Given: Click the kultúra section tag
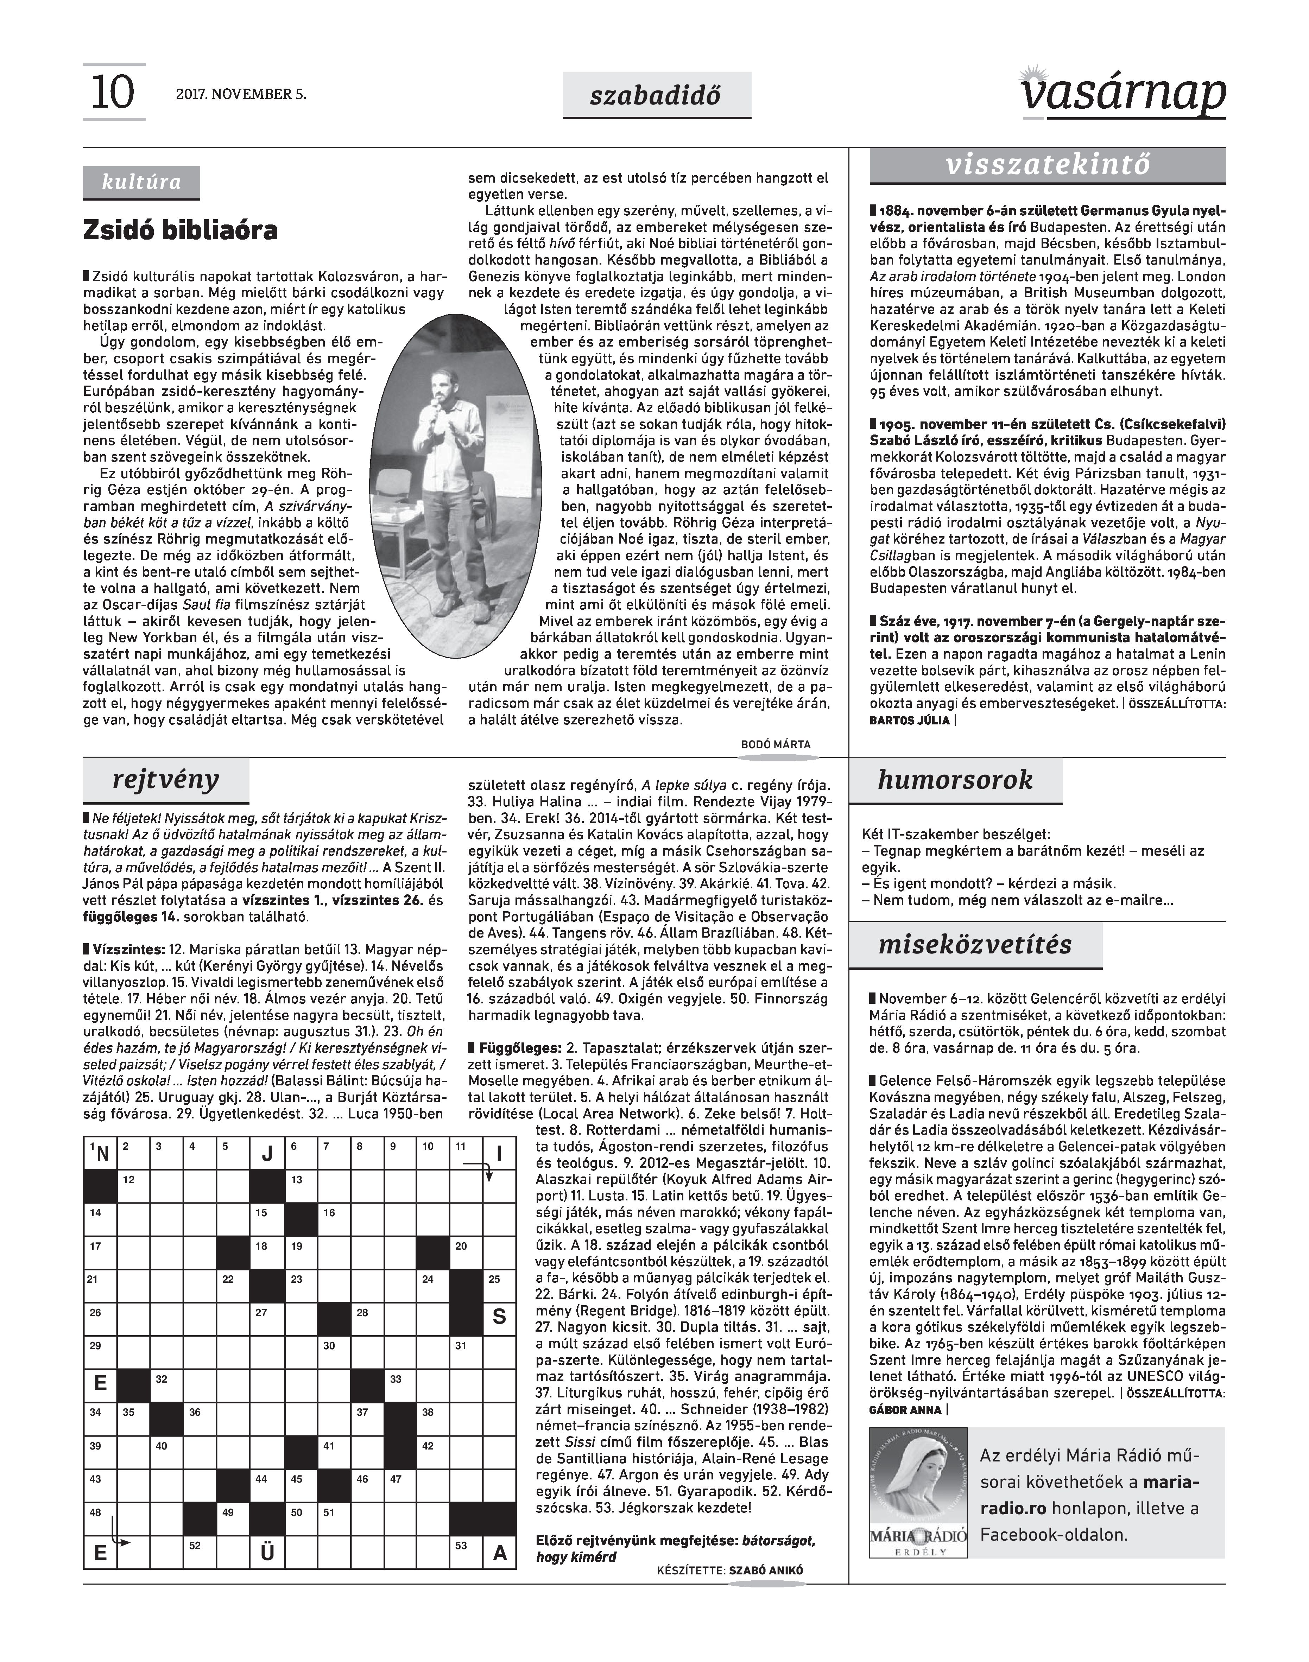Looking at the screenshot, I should click(142, 182).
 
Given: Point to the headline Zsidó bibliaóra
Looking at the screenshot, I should click(181, 231).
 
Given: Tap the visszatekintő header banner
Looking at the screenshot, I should click(1048, 165).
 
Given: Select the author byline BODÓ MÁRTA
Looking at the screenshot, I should click(776, 744).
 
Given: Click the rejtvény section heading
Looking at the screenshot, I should click(165, 780).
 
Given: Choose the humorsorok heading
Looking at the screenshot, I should click(955, 780).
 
